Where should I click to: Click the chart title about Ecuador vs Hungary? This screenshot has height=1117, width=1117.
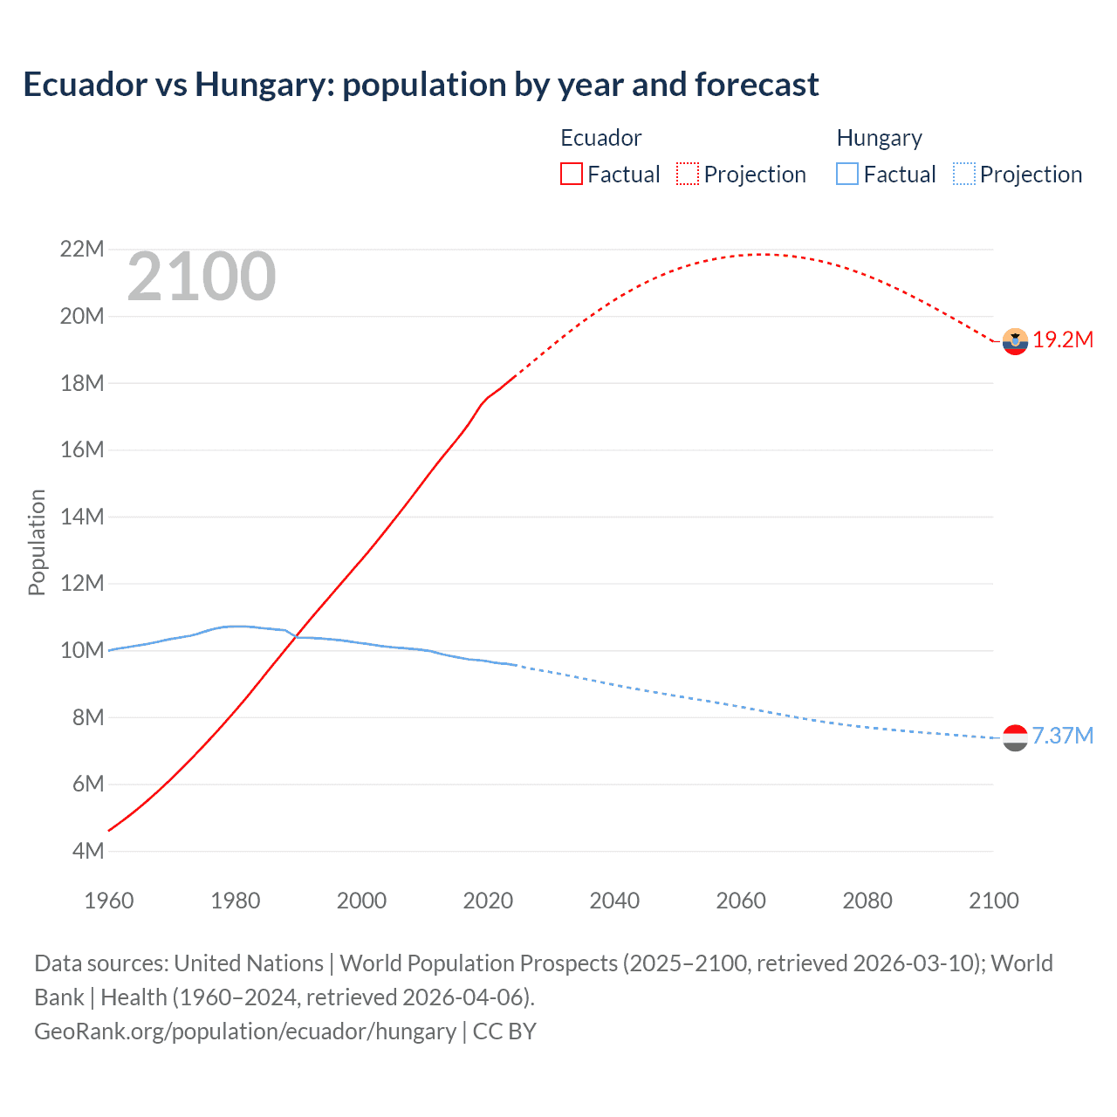coord(421,85)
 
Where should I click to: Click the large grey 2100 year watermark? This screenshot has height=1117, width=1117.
coord(202,277)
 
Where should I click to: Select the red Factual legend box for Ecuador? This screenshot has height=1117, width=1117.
coord(571,175)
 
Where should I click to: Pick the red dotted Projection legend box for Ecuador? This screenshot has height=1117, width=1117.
coord(688,175)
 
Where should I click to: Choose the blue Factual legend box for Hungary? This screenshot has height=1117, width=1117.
coord(847,175)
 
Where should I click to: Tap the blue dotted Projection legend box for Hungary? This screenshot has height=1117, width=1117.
coord(963,175)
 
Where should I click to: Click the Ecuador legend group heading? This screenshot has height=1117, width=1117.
coord(600,138)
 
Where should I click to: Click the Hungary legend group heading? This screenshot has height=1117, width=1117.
coord(879,138)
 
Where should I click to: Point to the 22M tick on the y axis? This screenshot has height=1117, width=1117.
coord(82,250)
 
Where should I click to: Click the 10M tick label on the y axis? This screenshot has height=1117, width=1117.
coord(82,650)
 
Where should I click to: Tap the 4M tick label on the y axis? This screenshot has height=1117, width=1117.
coord(87,851)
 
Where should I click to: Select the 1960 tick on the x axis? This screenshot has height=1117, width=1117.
coord(109,901)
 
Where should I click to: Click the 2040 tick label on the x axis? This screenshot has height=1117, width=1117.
coord(614,901)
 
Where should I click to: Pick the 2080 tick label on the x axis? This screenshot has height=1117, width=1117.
coord(867,901)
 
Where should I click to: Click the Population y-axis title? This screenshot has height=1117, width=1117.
coord(37,542)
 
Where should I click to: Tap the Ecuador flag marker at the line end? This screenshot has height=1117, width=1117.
coord(1015,341)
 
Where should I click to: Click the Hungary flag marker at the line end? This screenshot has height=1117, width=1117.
coord(1015,737)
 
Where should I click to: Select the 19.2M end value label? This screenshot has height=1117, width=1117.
coord(1063,340)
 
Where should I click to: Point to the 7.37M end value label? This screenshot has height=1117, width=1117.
coord(1063,736)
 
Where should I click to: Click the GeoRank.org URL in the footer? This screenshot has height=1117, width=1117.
coord(245,1031)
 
